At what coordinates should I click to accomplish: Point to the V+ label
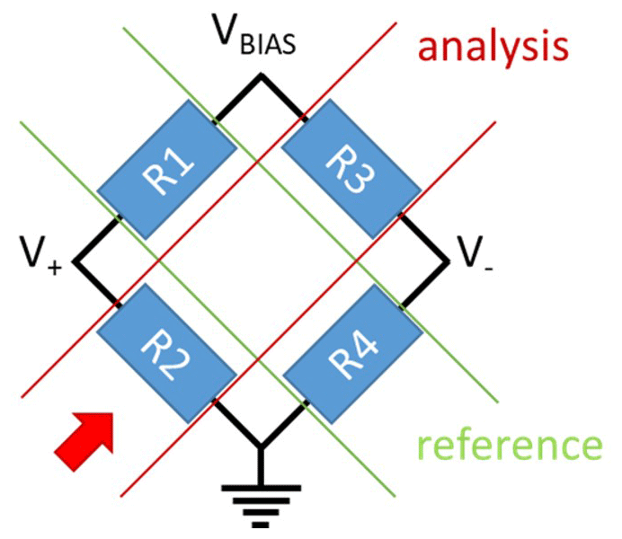click(41, 260)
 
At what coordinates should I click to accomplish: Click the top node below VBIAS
click(260, 78)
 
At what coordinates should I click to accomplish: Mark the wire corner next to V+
click(76, 261)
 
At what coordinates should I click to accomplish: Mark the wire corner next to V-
click(446, 261)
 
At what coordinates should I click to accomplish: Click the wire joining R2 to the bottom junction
click(235, 422)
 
